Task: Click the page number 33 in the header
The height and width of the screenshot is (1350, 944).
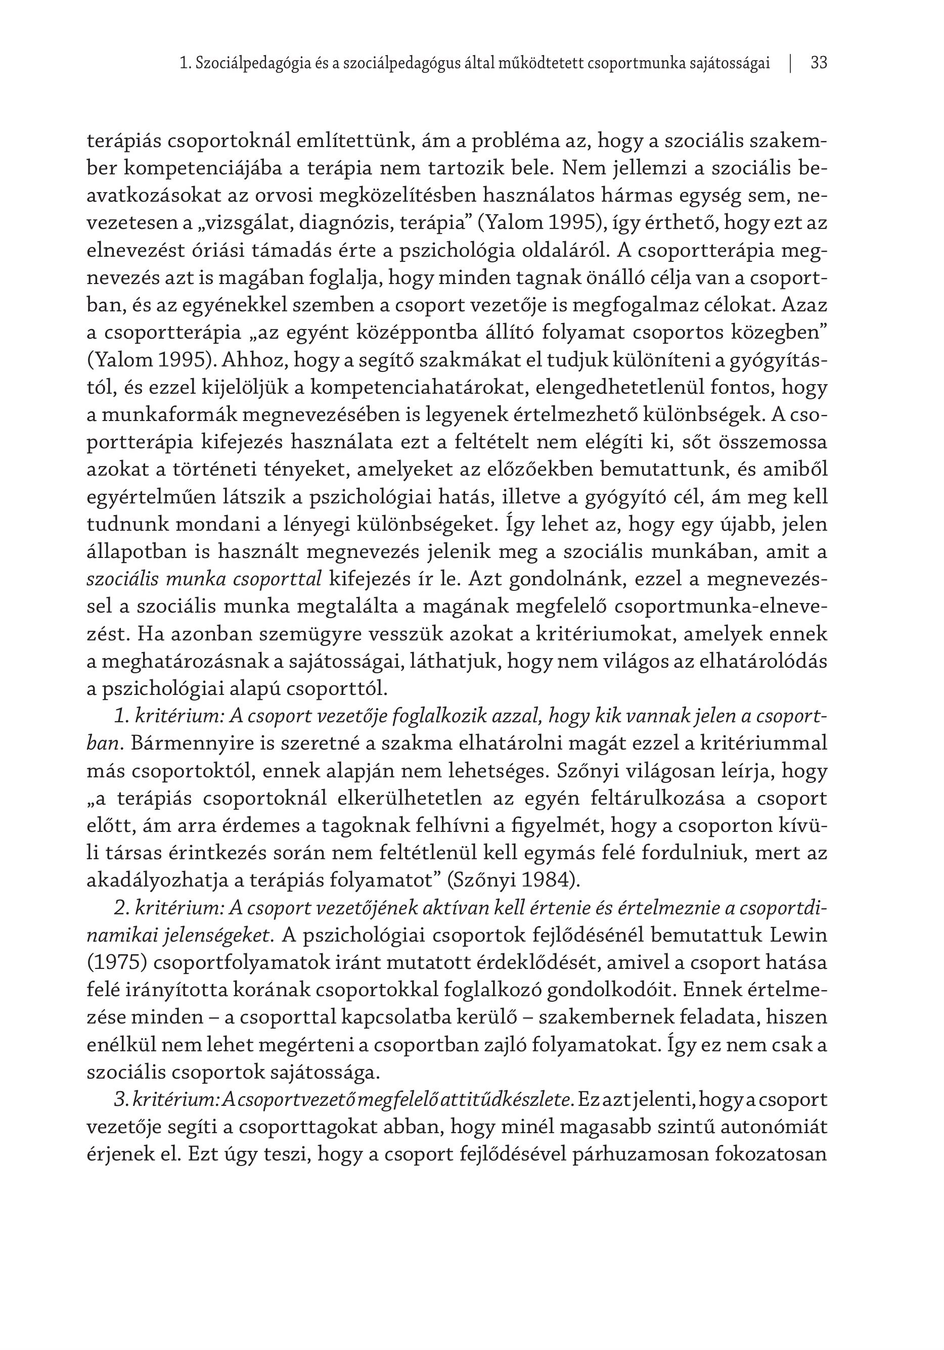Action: (x=819, y=63)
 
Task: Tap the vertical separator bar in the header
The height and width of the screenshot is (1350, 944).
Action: (x=790, y=63)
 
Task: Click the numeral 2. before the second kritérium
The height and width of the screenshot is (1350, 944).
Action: (x=122, y=908)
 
